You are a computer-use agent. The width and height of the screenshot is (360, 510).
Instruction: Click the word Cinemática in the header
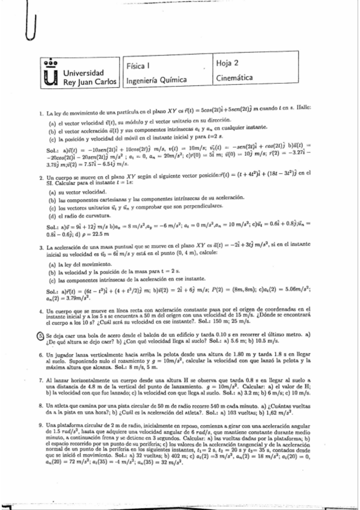tap(237, 79)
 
